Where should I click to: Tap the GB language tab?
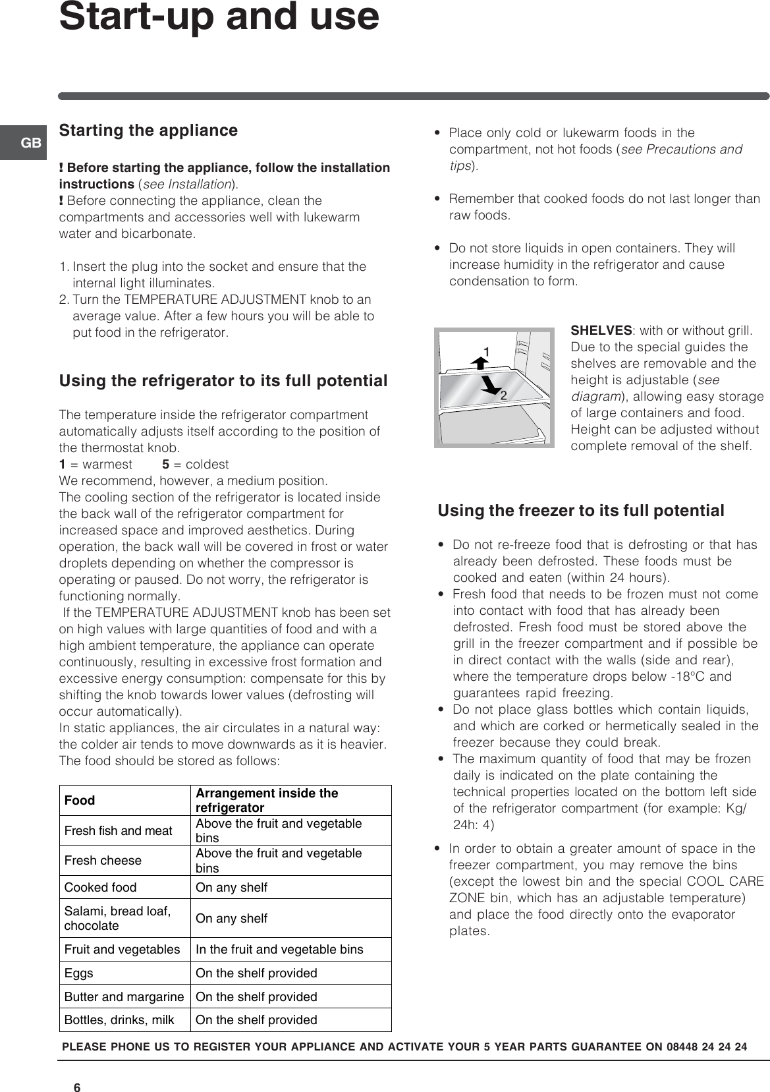click(31, 142)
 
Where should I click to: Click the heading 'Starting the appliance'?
click(148, 130)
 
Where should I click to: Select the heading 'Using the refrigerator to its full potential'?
click(223, 381)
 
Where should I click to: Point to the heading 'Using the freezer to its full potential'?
click(581, 511)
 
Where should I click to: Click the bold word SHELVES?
click(601, 330)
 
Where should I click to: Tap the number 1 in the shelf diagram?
click(486, 352)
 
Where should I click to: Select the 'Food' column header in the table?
click(80, 800)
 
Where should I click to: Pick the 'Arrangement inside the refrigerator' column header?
click(267, 800)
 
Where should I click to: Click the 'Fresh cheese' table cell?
click(103, 861)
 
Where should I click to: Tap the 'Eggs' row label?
click(79, 973)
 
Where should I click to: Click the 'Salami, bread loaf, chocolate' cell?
click(117, 918)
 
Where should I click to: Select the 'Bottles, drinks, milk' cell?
click(119, 1020)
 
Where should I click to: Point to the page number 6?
click(77, 1069)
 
